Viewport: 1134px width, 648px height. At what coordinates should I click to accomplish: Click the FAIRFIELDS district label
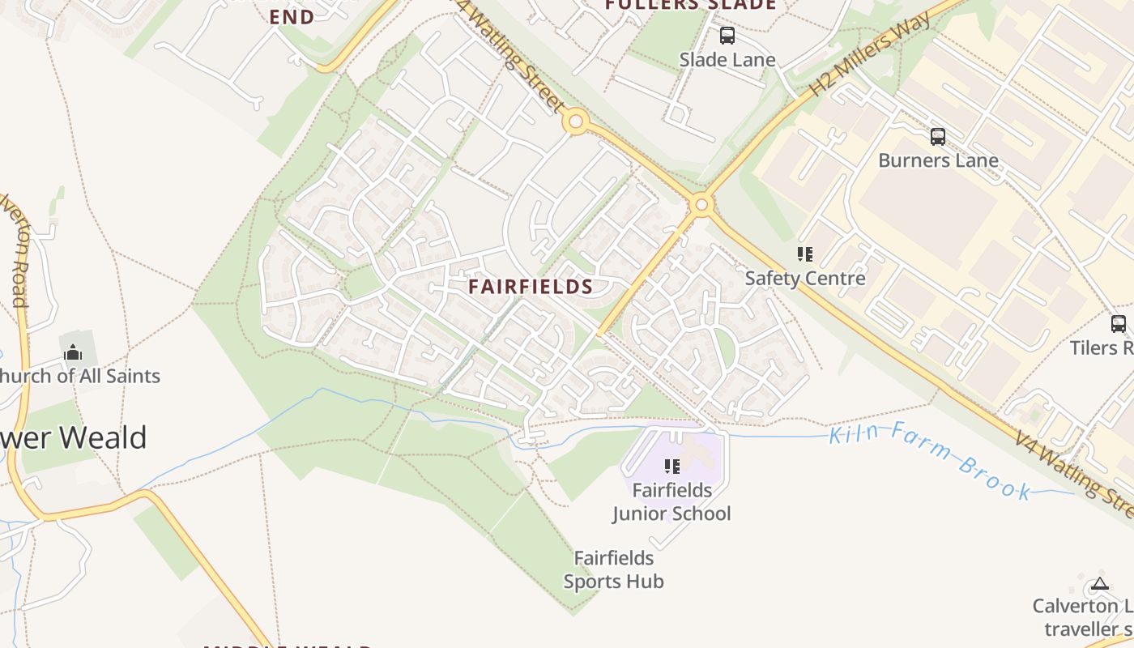click(x=531, y=287)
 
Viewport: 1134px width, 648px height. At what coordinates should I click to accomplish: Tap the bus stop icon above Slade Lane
click(x=727, y=36)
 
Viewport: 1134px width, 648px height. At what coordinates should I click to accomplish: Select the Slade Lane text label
click(x=727, y=60)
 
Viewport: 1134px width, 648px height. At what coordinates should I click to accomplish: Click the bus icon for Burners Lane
click(x=938, y=137)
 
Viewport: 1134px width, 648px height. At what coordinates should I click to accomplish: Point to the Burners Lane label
click(x=938, y=160)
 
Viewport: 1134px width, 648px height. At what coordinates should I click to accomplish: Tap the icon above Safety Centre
click(x=804, y=254)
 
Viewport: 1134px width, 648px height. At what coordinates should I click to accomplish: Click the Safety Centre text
click(x=805, y=279)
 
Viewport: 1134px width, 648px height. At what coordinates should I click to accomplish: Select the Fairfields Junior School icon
click(x=671, y=466)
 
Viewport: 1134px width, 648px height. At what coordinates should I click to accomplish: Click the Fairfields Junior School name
click(x=671, y=502)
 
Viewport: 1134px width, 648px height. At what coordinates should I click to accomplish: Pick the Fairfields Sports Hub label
click(x=613, y=569)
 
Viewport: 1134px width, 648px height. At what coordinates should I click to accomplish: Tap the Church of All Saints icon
click(x=73, y=352)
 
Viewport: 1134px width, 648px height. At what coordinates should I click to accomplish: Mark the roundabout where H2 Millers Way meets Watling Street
click(x=702, y=204)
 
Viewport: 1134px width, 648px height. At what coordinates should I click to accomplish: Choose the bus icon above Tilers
click(x=1118, y=324)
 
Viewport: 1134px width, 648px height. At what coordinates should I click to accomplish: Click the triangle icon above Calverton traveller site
click(x=1099, y=583)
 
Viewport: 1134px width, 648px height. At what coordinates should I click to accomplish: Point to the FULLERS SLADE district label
click(x=690, y=5)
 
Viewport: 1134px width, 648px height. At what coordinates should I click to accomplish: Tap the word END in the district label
click(x=292, y=17)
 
